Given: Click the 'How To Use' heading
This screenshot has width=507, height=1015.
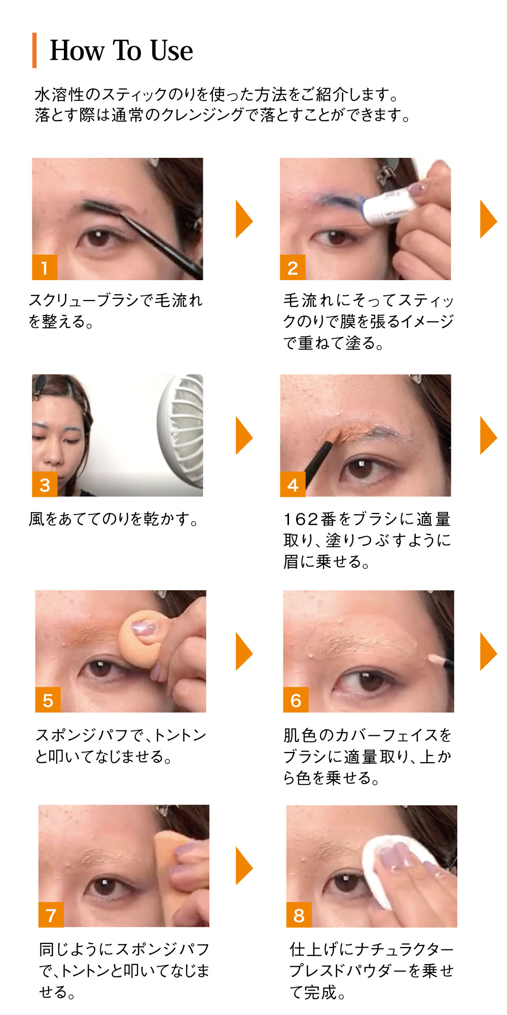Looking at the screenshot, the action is point(121,51).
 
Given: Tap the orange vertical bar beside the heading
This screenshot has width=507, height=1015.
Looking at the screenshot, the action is point(34,50).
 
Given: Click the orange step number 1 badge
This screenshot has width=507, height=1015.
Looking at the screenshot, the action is point(45,267).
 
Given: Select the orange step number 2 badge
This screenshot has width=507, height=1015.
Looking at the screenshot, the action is point(293,267).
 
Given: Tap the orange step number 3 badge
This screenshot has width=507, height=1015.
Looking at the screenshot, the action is point(45,484).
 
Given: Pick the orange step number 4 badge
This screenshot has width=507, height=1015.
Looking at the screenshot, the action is point(293,484).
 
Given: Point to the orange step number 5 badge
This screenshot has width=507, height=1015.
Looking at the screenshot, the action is point(48,700).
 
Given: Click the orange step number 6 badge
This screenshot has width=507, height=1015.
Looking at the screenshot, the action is point(296,700).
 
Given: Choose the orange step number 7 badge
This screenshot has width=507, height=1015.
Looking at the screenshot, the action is point(51,915).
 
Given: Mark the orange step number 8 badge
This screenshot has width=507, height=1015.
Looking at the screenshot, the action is point(299,915).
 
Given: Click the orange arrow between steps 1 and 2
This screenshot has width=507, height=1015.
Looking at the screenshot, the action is point(244,219).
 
